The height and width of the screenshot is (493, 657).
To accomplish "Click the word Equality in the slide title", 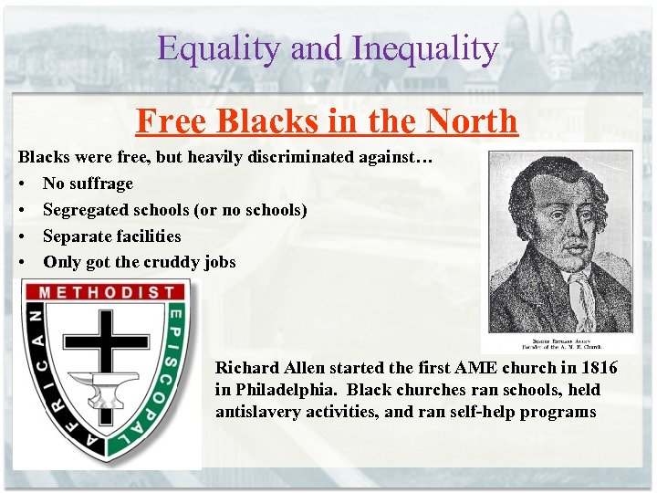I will coord(219,48).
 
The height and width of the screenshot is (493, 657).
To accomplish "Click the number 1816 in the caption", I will coord(597,368).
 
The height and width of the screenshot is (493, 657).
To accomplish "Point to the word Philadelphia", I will coord(287,390).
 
